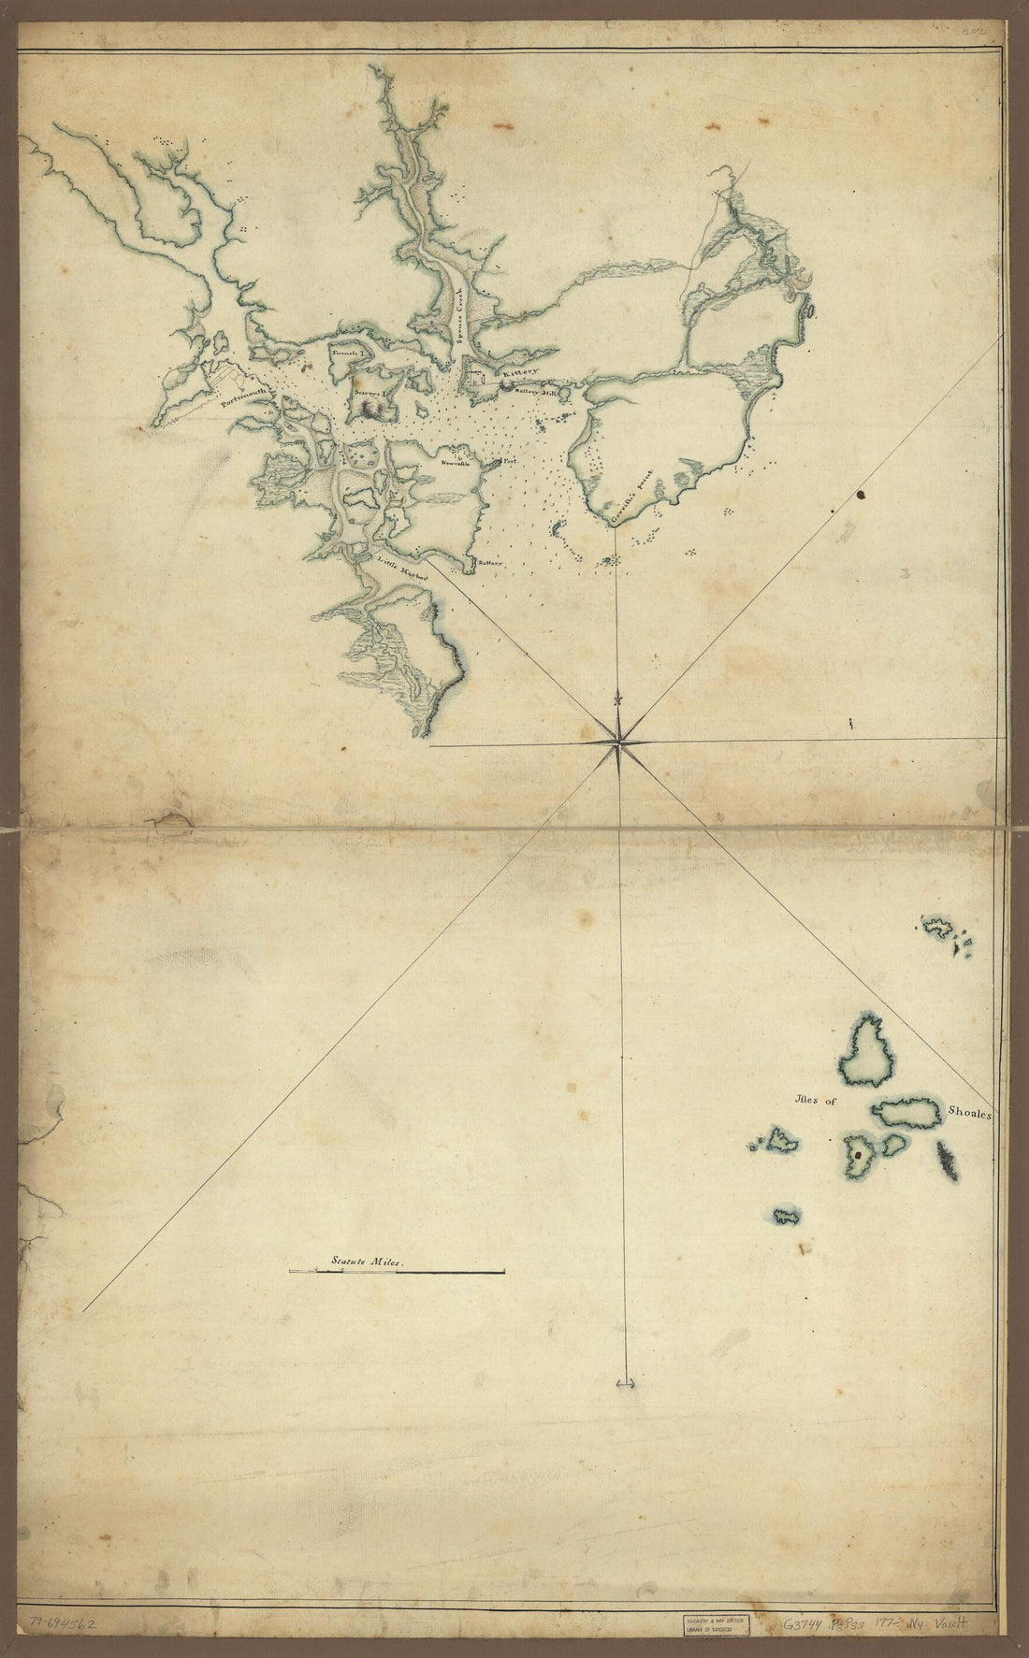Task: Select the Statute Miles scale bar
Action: [398, 1272]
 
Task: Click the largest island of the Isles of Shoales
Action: [867, 1051]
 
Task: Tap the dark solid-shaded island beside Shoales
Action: [948, 1161]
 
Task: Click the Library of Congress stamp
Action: [716, 1623]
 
